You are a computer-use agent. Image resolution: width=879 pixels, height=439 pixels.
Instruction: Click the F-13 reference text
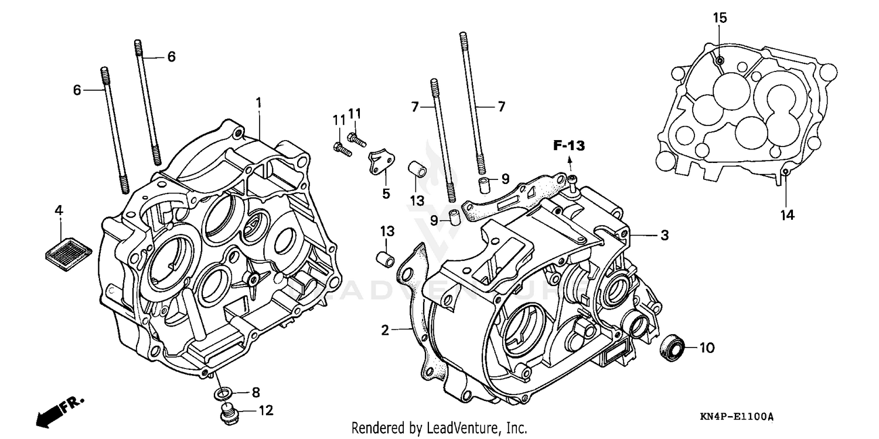pos(570,145)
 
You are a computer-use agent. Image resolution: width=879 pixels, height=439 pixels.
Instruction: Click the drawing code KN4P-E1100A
pos(737,417)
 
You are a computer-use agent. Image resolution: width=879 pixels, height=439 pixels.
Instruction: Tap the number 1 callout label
pos(258,103)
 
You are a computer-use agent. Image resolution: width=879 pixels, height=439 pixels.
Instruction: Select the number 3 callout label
pos(665,236)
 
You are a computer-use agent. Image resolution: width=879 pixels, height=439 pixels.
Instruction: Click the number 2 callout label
pos(384,331)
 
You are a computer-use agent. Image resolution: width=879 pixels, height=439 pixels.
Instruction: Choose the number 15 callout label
pos(720,18)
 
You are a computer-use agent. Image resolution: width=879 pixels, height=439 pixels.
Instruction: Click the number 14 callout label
pos(786,216)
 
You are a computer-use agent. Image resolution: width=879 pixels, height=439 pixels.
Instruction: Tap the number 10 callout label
pos(707,348)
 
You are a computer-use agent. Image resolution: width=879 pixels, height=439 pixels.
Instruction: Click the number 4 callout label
pos(59,210)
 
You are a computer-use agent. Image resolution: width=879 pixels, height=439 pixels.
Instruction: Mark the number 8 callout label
pos(255,392)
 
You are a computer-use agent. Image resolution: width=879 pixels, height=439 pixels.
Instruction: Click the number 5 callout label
pos(386,194)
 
